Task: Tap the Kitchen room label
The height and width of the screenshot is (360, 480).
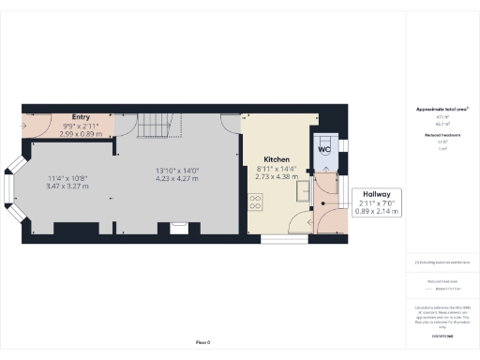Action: coord(276,160)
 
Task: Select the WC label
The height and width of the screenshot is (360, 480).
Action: coord(324,150)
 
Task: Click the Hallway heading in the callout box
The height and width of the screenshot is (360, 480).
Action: coord(376,195)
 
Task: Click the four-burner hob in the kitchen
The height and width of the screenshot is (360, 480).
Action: coord(254,202)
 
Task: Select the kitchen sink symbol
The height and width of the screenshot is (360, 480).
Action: coord(303,190)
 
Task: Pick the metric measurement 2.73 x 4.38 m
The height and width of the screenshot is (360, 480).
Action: coord(276,176)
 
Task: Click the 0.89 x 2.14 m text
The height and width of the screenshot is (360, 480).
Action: coord(376,211)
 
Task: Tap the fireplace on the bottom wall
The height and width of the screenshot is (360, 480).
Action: coord(178,226)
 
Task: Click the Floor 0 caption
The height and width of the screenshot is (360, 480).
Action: coord(203,343)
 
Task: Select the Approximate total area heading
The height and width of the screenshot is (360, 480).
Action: coord(442,110)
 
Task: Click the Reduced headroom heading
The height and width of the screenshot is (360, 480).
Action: coord(442,135)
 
